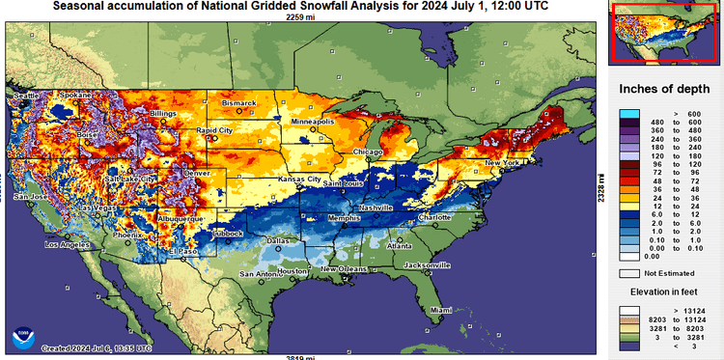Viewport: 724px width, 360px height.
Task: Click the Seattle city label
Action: point(26,96)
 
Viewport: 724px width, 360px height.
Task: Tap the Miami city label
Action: point(440,310)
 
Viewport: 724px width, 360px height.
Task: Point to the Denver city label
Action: point(195,173)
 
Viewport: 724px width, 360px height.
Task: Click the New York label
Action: point(502,162)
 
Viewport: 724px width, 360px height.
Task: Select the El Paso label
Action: point(181,251)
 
